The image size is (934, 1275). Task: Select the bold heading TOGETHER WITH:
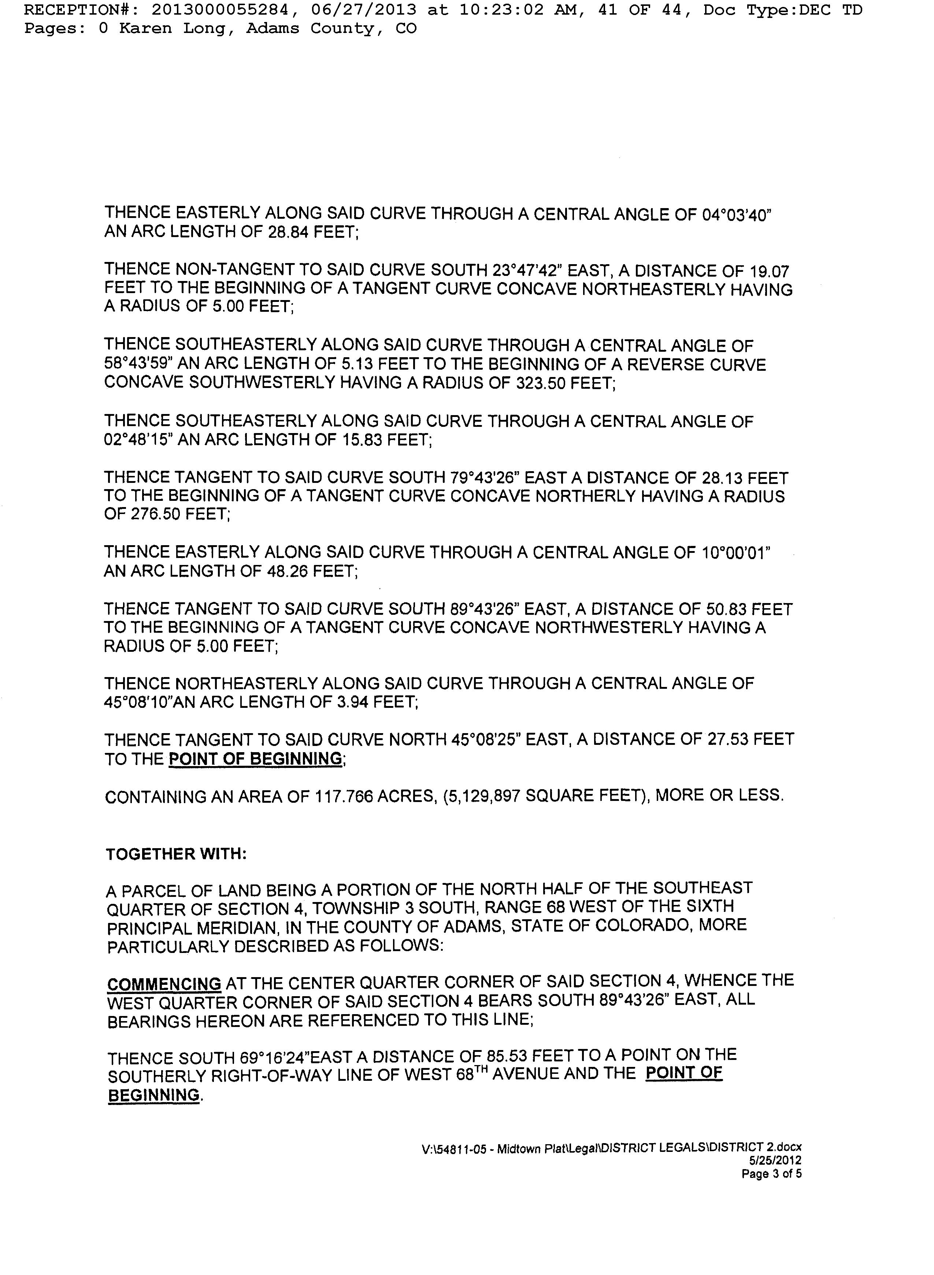click(176, 854)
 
